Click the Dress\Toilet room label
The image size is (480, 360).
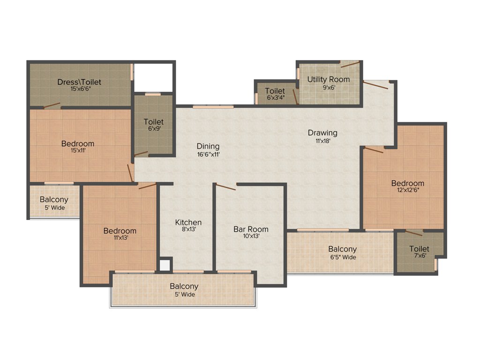click(x=79, y=82)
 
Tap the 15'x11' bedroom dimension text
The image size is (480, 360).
click(x=78, y=150)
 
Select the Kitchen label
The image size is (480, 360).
click(x=188, y=222)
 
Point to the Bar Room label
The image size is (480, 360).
click(x=251, y=229)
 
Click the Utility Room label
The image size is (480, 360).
click(x=328, y=79)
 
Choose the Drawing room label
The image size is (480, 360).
click(x=322, y=133)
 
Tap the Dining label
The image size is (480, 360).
click(x=208, y=146)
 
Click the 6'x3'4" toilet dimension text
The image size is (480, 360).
click(x=275, y=98)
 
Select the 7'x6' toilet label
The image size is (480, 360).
click(x=419, y=249)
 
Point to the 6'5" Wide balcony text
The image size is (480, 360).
click(x=342, y=257)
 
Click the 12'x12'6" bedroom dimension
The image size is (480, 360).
click(x=408, y=190)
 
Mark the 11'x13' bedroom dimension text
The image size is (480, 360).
click(x=120, y=238)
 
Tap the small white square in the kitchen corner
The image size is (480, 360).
click(x=165, y=265)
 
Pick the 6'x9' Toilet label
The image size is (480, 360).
click(x=153, y=122)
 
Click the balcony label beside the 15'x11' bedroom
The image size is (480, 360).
click(x=53, y=200)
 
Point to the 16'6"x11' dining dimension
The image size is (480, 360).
click(x=208, y=154)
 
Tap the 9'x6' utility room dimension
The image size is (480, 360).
click(x=328, y=87)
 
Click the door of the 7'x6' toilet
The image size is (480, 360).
click(x=414, y=233)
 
